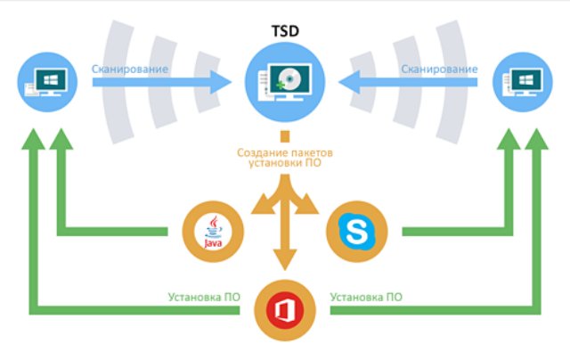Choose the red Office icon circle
[x=284, y=311]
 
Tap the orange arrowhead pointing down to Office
[x=284, y=260]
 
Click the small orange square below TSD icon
[x=284, y=137]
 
